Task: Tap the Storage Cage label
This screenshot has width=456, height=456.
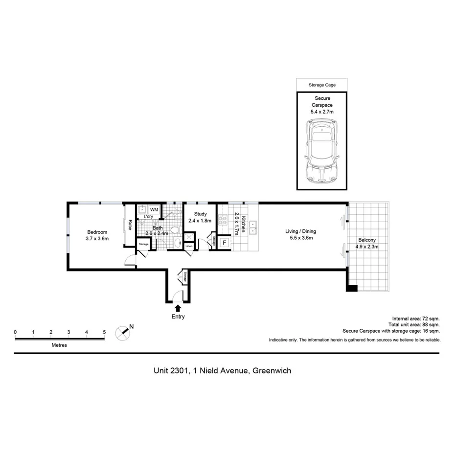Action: pos(322,85)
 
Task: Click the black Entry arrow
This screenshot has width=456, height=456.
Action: pos(178,308)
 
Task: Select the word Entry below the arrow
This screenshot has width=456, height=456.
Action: pos(178,317)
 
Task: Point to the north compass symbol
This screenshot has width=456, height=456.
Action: pos(123,332)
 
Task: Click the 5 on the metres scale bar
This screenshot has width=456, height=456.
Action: pos(104,332)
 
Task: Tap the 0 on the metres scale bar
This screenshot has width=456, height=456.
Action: pos(15,332)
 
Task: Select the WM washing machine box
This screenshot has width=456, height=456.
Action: pos(154,209)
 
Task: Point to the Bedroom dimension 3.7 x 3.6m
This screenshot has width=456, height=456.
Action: pos(97,239)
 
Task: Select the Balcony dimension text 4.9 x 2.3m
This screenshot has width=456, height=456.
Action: pos(367,247)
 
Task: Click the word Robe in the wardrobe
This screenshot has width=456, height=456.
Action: pos(130,225)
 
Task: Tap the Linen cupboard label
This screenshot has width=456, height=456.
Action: pos(189,246)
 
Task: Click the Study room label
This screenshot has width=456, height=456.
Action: pos(201,214)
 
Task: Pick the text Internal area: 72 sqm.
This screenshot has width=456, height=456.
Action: pos(415,318)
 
